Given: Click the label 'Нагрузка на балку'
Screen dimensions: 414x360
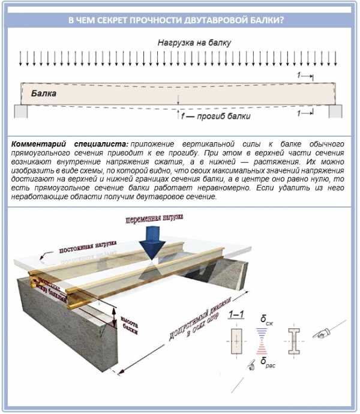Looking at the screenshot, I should tap(194, 43).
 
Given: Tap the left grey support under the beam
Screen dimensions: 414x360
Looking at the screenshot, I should tap(20, 111).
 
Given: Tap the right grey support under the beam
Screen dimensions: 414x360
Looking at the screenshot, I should tap(335, 111).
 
